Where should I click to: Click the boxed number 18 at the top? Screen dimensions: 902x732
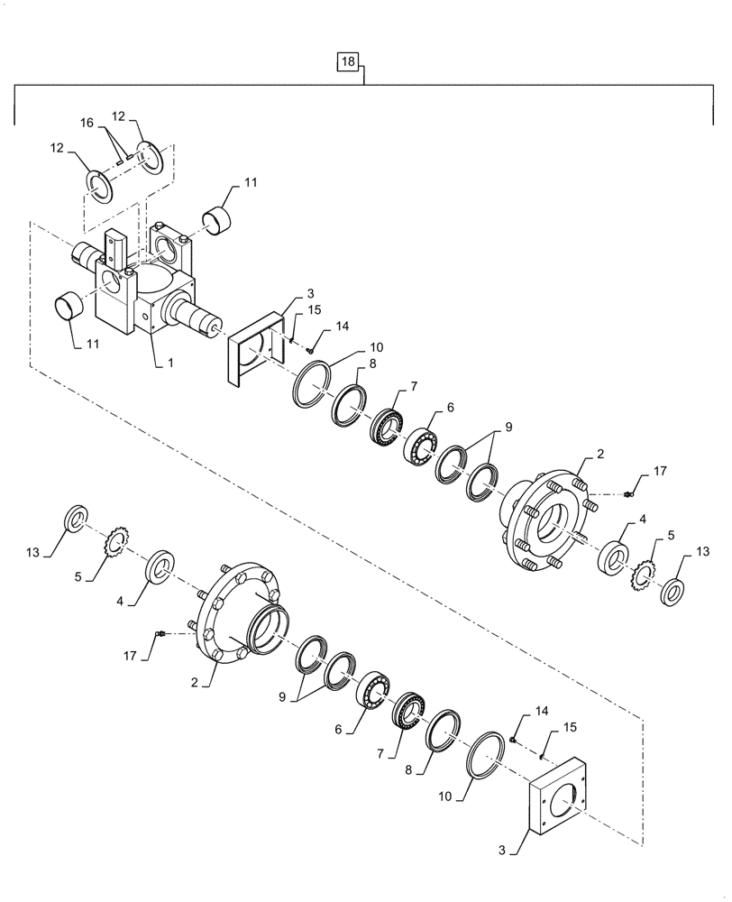[349, 62]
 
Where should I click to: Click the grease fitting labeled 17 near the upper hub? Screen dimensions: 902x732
[630, 492]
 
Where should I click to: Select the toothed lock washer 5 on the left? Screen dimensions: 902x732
[117, 545]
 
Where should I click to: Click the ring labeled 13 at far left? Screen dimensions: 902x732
[76, 520]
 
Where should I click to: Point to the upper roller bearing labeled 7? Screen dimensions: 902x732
[388, 426]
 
